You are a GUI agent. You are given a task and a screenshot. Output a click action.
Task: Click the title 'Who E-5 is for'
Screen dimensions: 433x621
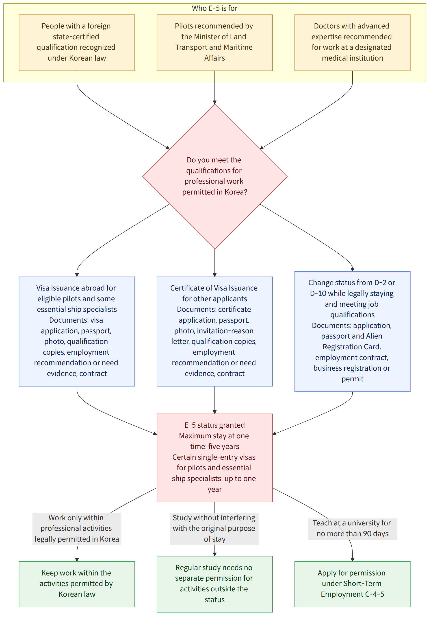214,8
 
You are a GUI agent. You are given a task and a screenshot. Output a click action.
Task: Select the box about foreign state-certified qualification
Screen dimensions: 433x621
77,43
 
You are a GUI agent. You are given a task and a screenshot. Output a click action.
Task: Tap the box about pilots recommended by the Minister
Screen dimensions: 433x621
214,43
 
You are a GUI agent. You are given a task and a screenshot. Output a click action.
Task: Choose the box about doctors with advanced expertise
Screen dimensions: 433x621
352,43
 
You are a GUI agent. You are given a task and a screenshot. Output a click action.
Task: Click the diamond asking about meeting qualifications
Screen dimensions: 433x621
215,177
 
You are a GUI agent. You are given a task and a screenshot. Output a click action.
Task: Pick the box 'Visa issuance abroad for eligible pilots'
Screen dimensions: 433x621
77,331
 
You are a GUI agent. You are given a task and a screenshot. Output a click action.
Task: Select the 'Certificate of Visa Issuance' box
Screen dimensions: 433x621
214,331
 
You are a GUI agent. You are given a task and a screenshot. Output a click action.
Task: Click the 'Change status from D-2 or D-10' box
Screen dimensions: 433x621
352,331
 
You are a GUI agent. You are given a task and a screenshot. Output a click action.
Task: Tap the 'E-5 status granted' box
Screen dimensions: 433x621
214,458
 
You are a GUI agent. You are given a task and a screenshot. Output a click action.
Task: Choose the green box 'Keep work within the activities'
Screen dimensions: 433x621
77,584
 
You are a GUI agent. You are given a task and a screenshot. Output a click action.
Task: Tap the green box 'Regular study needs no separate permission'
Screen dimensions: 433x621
214,584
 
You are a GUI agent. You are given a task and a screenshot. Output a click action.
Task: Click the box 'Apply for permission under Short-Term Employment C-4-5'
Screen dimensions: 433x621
352,584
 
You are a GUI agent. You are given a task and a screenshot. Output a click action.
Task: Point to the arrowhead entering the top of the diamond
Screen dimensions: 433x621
215,103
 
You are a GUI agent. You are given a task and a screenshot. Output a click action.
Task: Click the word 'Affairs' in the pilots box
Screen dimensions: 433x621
214,58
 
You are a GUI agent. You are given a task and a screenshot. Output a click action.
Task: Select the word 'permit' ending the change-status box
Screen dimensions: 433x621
352,379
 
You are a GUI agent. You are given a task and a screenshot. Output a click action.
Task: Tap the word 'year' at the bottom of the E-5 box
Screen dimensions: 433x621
214,489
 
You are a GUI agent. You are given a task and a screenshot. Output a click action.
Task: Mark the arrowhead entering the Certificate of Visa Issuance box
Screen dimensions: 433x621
215,275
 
